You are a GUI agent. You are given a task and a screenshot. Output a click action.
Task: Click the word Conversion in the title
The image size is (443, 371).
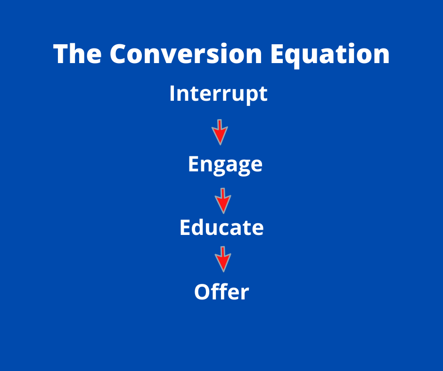coord(186,54)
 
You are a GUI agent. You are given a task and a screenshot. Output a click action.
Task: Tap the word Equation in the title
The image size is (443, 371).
coord(330,56)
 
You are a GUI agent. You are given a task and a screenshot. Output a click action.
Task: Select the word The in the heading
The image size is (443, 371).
coord(77,54)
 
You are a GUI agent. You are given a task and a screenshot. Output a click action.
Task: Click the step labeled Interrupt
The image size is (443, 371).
coord(218,94)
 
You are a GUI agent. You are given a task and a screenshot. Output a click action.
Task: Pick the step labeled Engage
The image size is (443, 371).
coord(225,165)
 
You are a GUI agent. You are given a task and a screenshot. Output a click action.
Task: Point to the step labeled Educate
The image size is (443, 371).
coord(221,227)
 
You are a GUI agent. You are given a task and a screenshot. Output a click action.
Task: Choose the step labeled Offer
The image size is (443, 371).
coord(221,291)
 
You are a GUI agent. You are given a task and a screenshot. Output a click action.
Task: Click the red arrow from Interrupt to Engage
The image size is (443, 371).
coord(220,132)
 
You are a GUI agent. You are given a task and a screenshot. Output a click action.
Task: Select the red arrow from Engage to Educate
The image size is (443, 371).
coord(223,201)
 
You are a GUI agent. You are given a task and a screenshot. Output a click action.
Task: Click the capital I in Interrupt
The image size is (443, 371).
coord(172,93)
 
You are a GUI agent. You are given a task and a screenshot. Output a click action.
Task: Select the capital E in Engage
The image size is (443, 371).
coord(194,163)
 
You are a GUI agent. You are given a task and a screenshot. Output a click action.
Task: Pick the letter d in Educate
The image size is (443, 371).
coord(198,227)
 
